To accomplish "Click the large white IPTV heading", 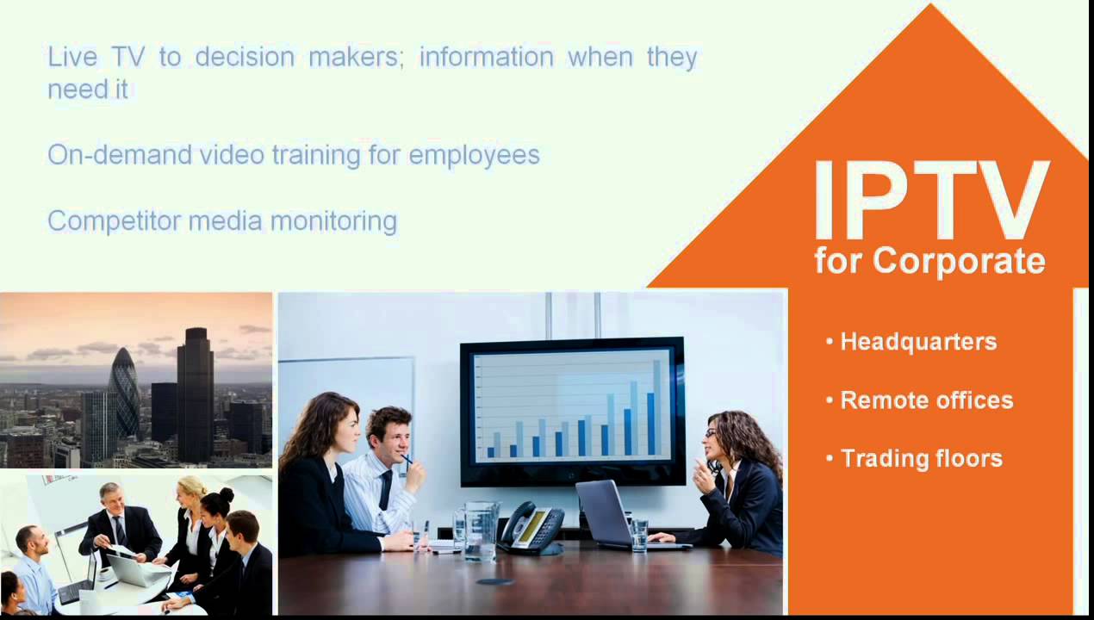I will tap(930, 201).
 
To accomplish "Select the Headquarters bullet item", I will tap(918, 342).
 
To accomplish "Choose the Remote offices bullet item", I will tap(926, 400).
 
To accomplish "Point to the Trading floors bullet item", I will tap(921, 458).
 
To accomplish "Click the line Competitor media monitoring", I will tap(222, 221).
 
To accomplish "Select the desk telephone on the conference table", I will tap(532, 527).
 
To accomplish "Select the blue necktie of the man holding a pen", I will tap(385, 490).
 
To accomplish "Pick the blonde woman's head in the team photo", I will tap(191, 492).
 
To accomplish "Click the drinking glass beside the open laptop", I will tap(638, 534).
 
